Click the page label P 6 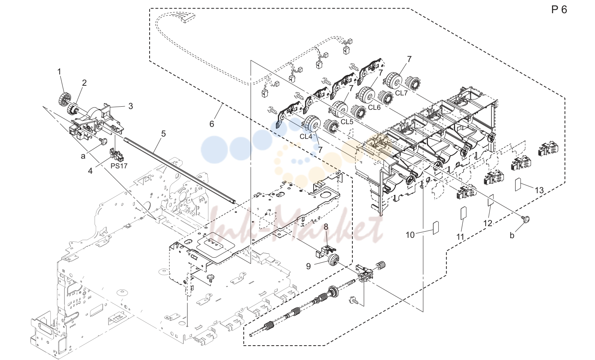(x=559, y=10)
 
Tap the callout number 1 (x=59, y=72)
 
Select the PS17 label (x=119, y=166)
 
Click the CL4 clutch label (x=306, y=137)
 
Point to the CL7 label (x=401, y=93)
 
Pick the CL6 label (x=374, y=107)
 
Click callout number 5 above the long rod (x=163, y=134)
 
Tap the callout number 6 (x=212, y=124)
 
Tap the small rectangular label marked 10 (x=436, y=228)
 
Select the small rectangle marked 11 (x=463, y=213)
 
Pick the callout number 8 (x=326, y=227)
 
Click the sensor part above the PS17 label (x=117, y=156)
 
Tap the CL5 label (x=347, y=122)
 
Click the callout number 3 (x=130, y=106)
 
